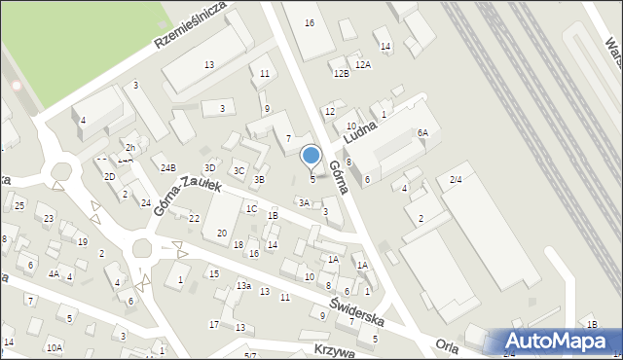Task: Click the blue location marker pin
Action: tap(311, 156)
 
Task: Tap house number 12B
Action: tap(340, 74)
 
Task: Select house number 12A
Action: tap(363, 64)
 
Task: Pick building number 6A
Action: tap(422, 133)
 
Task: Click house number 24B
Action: tap(168, 168)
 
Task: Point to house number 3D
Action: tap(209, 168)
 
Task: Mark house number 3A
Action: tap(304, 202)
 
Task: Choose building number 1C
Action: tap(251, 208)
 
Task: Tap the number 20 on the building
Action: tap(222, 232)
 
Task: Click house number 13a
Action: tap(243, 286)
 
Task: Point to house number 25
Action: tap(19, 205)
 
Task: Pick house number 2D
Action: tap(110, 176)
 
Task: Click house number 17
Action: tap(214, 324)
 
